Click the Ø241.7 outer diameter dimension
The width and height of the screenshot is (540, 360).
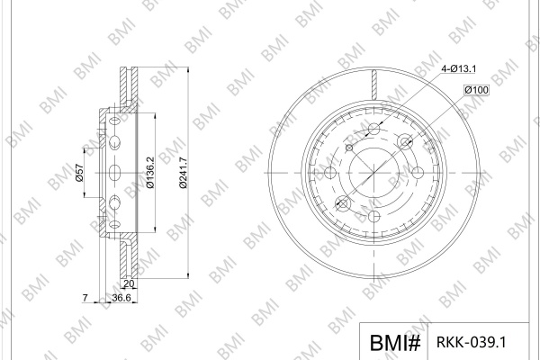[x=184, y=173]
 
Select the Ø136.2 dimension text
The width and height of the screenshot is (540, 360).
[x=150, y=173]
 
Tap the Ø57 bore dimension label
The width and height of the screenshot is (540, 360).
[x=79, y=173]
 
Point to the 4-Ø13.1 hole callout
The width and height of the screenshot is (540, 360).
[x=459, y=69]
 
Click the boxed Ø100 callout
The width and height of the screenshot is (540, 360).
[x=476, y=90]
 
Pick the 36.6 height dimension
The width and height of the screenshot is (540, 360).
[x=121, y=298]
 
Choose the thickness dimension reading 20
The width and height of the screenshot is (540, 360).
[x=129, y=283]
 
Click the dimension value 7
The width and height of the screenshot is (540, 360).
[x=85, y=298]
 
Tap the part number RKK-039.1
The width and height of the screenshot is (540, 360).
[x=472, y=342]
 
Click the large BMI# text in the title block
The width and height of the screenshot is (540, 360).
[x=395, y=343]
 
